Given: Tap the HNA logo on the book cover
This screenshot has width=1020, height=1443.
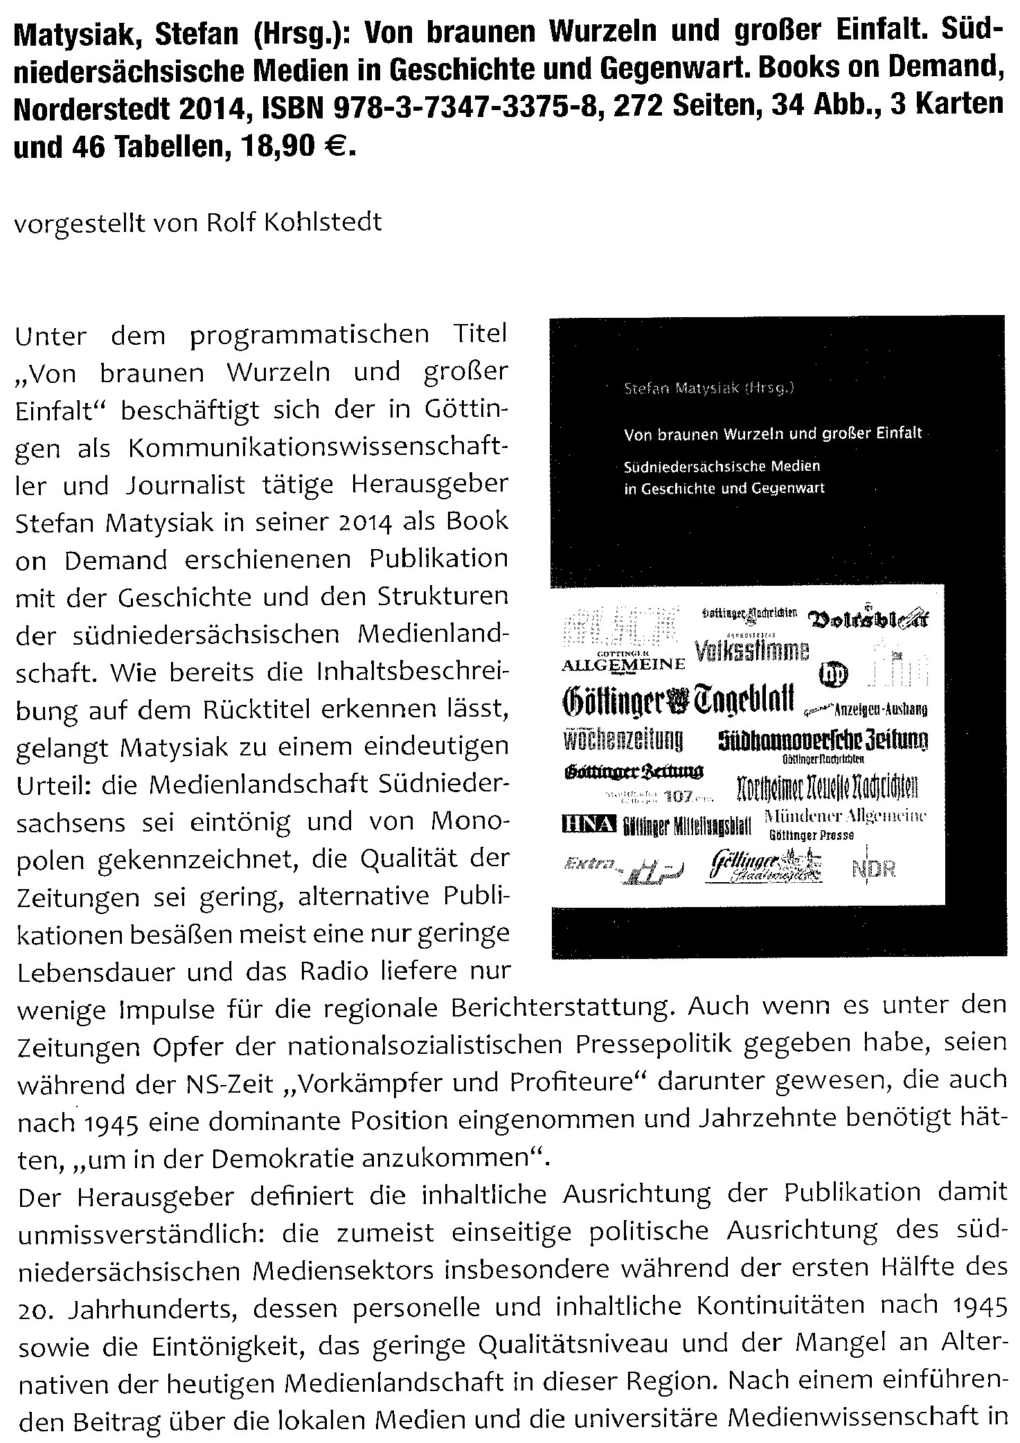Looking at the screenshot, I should point(588,823).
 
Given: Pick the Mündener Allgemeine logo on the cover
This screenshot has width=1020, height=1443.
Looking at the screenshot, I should point(845,816).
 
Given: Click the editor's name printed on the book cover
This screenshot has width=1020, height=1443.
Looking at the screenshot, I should point(708,389).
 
